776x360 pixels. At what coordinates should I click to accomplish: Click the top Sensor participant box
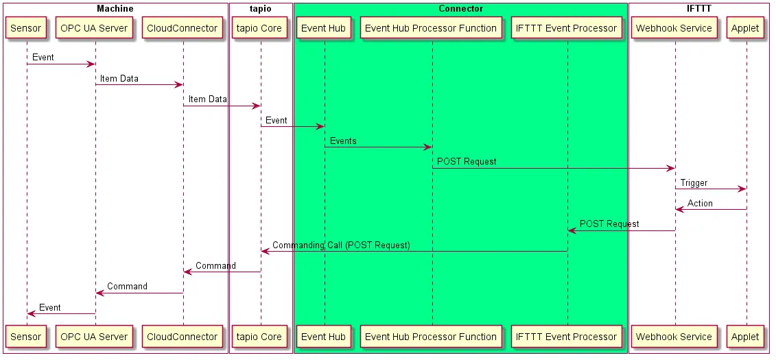[x=27, y=28]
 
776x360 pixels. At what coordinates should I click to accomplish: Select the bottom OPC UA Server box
[x=94, y=337]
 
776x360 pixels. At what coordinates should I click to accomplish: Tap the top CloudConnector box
[x=183, y=28]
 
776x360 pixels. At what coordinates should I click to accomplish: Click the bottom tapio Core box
[x=260, y=337]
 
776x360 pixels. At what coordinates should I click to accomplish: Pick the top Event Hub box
[x=324, y=28]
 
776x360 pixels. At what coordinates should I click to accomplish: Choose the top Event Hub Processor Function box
[x=431, y=28]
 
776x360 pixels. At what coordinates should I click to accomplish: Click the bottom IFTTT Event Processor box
[x=567, y=337]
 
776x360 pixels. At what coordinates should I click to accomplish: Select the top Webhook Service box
[x=674, y=28]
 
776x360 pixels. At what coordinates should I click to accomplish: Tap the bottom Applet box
[x=745, y=337]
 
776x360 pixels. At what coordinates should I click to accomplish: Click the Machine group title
[x=115, y=8]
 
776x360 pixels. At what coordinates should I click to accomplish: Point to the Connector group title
[x=460, y=8]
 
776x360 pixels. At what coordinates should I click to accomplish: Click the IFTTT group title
[x=698, y=8]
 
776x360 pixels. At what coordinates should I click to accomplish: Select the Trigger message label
[x=694, y=183]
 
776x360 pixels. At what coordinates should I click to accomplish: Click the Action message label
[x=700, y=204]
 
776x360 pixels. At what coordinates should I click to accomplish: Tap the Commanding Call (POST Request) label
[x=341, y=245]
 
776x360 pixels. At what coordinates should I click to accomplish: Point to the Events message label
[x=343, y=141]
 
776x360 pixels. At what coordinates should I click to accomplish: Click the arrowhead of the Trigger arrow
[x=742, y=189]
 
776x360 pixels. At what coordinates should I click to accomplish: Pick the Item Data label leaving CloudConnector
[x=207, y=99]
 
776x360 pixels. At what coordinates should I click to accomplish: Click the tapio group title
[x=260, y=8]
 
